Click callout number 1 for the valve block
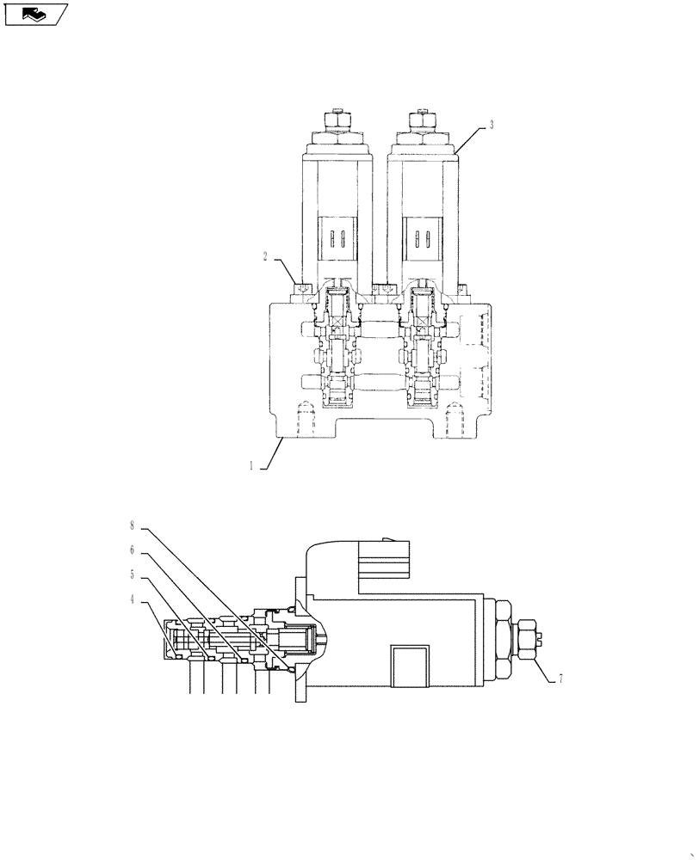point(251,466)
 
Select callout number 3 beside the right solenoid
point(491,125)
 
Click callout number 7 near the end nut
point(560,679)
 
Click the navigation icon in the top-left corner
point(35,14)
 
